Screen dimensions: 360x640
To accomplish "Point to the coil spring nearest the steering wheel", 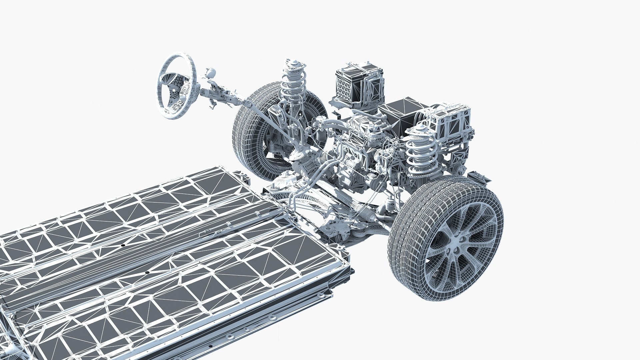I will [292, 83].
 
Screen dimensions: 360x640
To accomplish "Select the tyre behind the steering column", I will [248, 133].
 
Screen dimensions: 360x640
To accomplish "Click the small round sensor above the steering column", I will [210, 72].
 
